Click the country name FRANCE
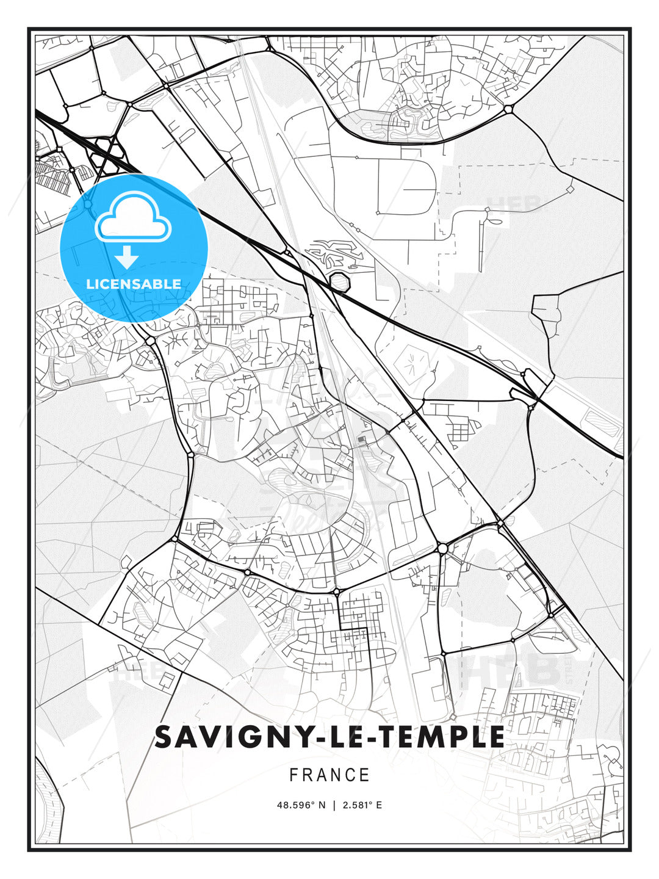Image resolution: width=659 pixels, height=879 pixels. pos(329,775)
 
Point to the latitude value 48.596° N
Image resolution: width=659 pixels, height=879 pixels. pos(301,805)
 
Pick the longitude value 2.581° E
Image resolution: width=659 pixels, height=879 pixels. pos(362,805)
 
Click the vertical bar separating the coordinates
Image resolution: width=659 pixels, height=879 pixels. pos(334,805)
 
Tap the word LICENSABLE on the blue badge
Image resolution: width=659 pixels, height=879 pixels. pos(134,284)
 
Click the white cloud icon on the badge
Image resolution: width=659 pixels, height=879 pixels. pos(133,217)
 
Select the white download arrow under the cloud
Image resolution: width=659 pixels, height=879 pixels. pos(127,258)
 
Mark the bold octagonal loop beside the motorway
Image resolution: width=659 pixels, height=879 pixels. pos(339,283)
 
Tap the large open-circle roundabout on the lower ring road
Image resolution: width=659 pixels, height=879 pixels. pos(442,549)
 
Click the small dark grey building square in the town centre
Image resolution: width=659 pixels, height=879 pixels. pos(361,439)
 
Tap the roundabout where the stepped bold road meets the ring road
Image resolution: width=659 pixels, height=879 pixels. pos(337,591)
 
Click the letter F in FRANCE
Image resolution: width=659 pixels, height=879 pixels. pos(293,775)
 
